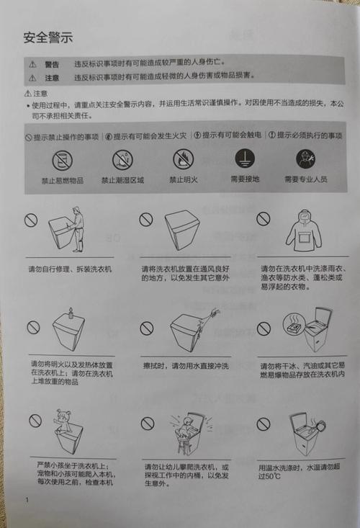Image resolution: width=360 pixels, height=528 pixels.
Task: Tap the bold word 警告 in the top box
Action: pos(52,64)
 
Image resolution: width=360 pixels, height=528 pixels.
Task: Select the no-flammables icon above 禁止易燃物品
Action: pos(62,159)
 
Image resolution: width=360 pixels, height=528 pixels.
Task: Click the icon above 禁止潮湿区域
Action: pos(122,159)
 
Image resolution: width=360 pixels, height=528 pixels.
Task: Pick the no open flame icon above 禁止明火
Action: pos(183,159)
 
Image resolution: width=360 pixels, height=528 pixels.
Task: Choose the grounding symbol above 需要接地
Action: pos(244,159)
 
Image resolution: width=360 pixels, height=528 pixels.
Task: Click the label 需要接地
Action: pos(244,179)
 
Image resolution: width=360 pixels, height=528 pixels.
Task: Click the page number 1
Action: pos(27,500)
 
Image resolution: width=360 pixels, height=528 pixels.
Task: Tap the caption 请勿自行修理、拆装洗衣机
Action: pos(70,269)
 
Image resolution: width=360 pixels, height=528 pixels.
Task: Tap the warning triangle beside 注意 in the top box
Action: pos(32,78)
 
